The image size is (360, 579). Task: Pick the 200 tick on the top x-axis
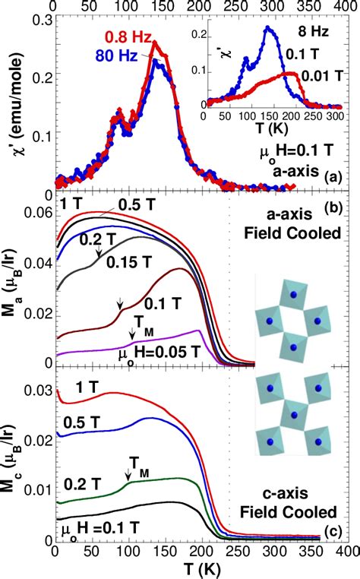coord(200,6)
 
